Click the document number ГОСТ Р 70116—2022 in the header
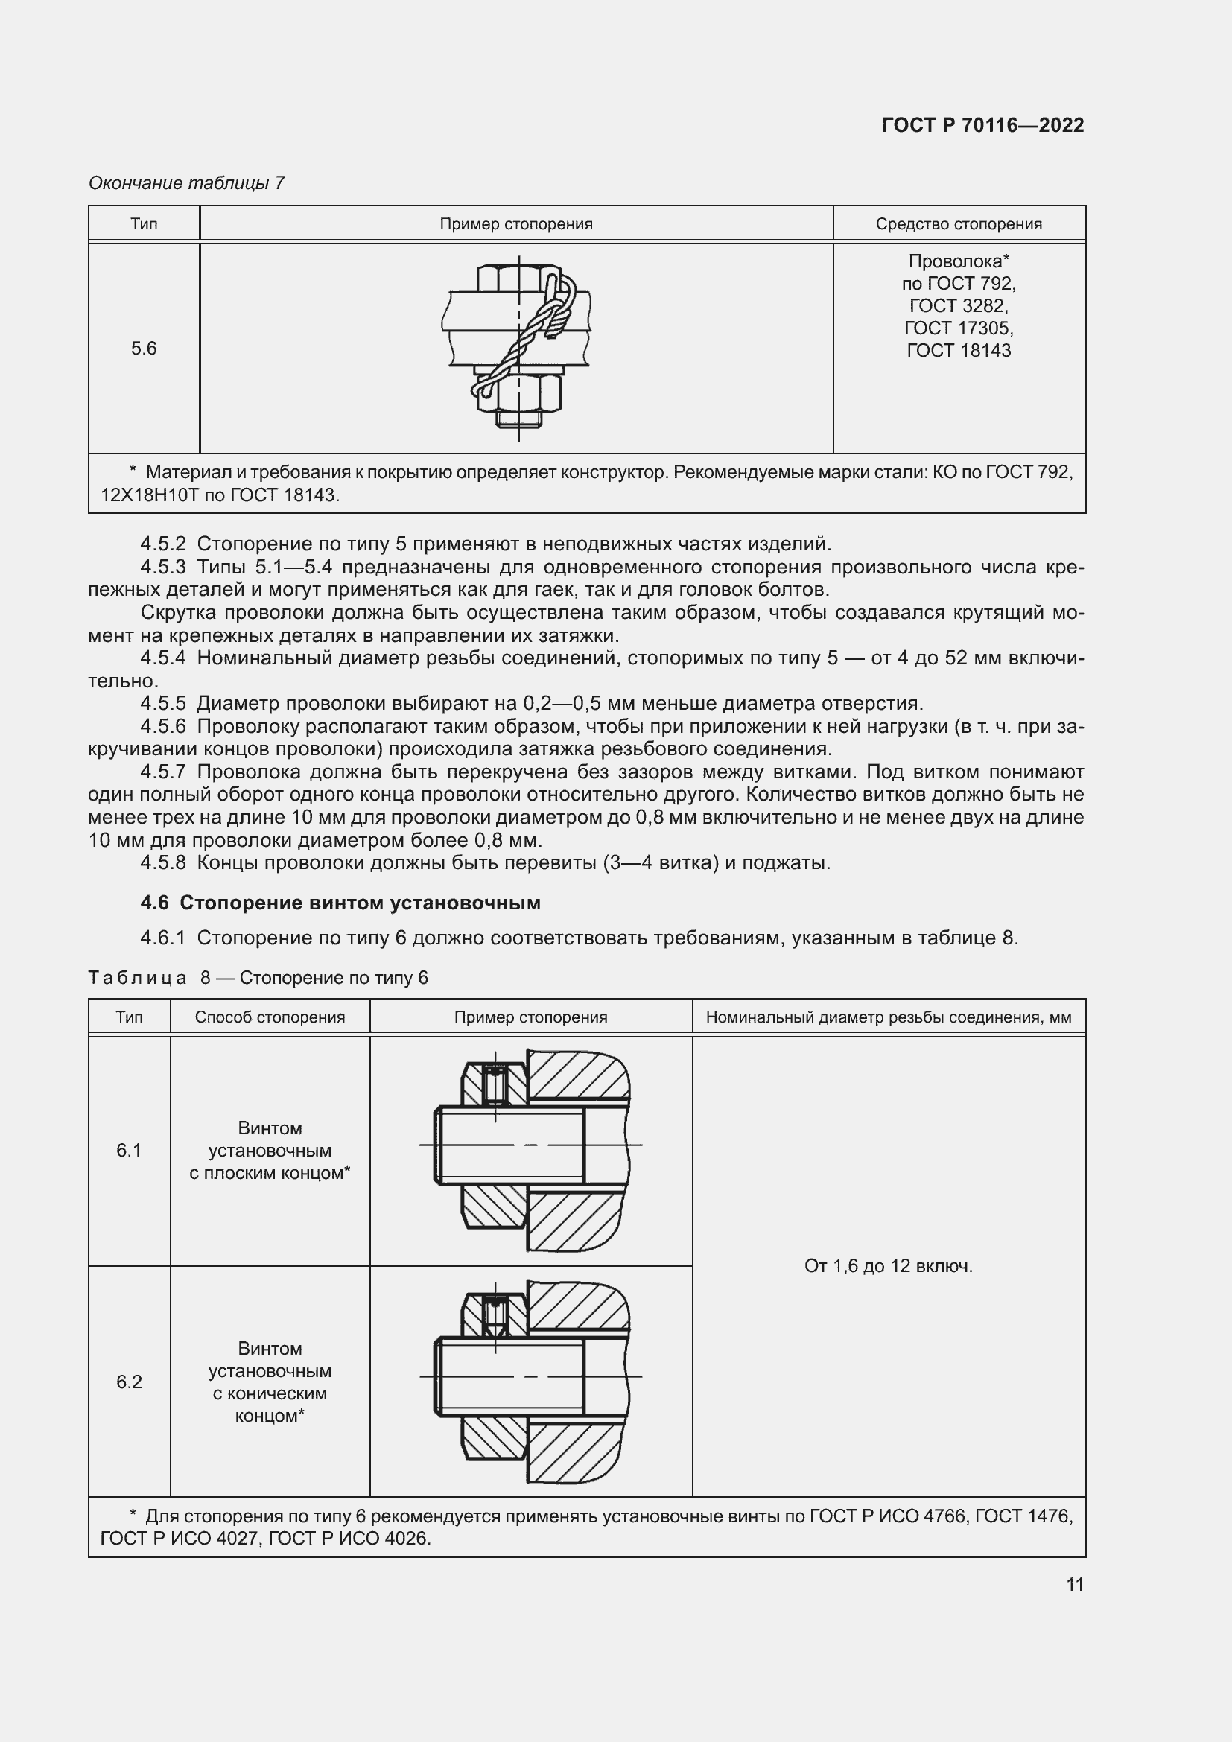tap(982, 125)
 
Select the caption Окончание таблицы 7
tap(187, 183)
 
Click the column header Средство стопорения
tap(958, 224)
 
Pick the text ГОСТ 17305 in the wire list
tap(958, 328)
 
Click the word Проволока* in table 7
tap(958, 261)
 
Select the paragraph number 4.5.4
tap(162, 658)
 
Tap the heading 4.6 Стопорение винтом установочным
tap(340, 903)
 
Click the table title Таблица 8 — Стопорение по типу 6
tap(258, 978)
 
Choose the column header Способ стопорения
tap(270, 1017)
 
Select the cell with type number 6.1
tap(129, 1151)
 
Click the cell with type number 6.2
tap(129, 1382)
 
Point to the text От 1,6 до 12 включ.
tap(888, 1266)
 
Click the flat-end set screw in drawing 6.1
tap(495, 1085)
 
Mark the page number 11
tap(1074, 1584)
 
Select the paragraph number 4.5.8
tap(162, 862)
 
